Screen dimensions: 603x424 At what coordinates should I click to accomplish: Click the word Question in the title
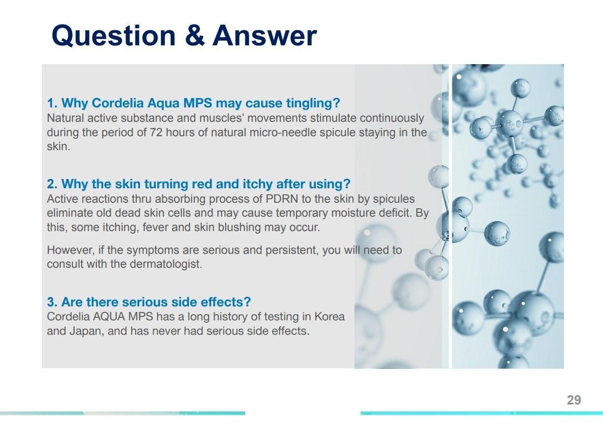click(x=114, y=36)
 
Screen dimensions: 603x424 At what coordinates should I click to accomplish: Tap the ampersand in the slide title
click(x=195, y=35)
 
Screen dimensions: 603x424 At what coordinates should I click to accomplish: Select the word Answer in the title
click(x=265, y=35)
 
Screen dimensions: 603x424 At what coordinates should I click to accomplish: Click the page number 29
click(x=574, y=400)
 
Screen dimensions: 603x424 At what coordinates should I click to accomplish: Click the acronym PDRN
click(x=281, y=199)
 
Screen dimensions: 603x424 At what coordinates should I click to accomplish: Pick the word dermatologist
click(x=166, y=264)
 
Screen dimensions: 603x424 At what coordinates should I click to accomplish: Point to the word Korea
click(x=329, y=317)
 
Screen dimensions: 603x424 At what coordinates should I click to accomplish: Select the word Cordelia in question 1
click(x=118, y=103)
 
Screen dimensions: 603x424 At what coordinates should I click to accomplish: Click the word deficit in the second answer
click(x=395, y=213)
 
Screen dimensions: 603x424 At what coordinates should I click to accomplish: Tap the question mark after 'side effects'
click(x=247, y=302)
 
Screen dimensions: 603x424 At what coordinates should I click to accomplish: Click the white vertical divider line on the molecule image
click(x=450, y=216)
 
